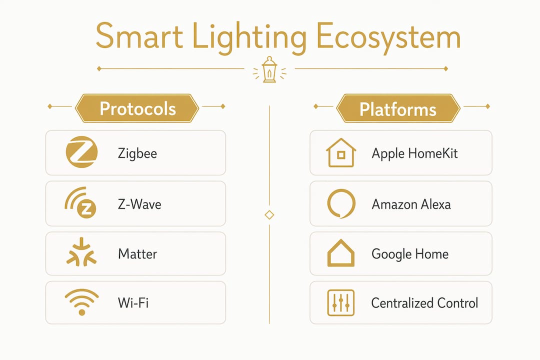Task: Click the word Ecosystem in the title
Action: click(388, 37)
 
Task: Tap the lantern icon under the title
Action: click(269, 69)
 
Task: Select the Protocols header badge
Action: click(137, 108)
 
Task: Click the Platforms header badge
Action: click(398, 108)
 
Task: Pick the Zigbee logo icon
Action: click(81, 152)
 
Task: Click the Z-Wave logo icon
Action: click(80, 203)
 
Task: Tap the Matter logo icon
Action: click(81, 252)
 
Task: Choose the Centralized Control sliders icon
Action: click(340, 303)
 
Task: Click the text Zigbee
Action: click(137, 153)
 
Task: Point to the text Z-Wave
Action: click(139, 204)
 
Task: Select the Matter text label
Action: click(137, 254)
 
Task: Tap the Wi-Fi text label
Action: click(133, 303)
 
